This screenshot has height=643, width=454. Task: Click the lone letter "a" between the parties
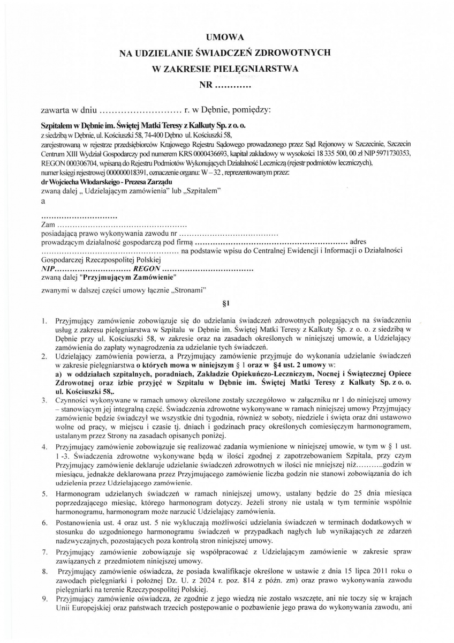[43, 201]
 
